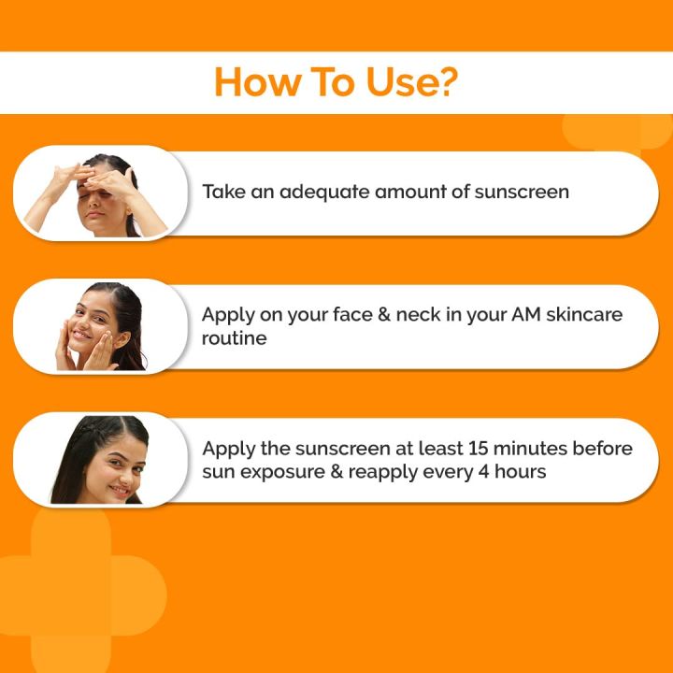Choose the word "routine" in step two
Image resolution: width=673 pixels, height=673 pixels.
point(235,338)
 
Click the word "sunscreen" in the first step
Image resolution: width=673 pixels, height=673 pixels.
point(522,193)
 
